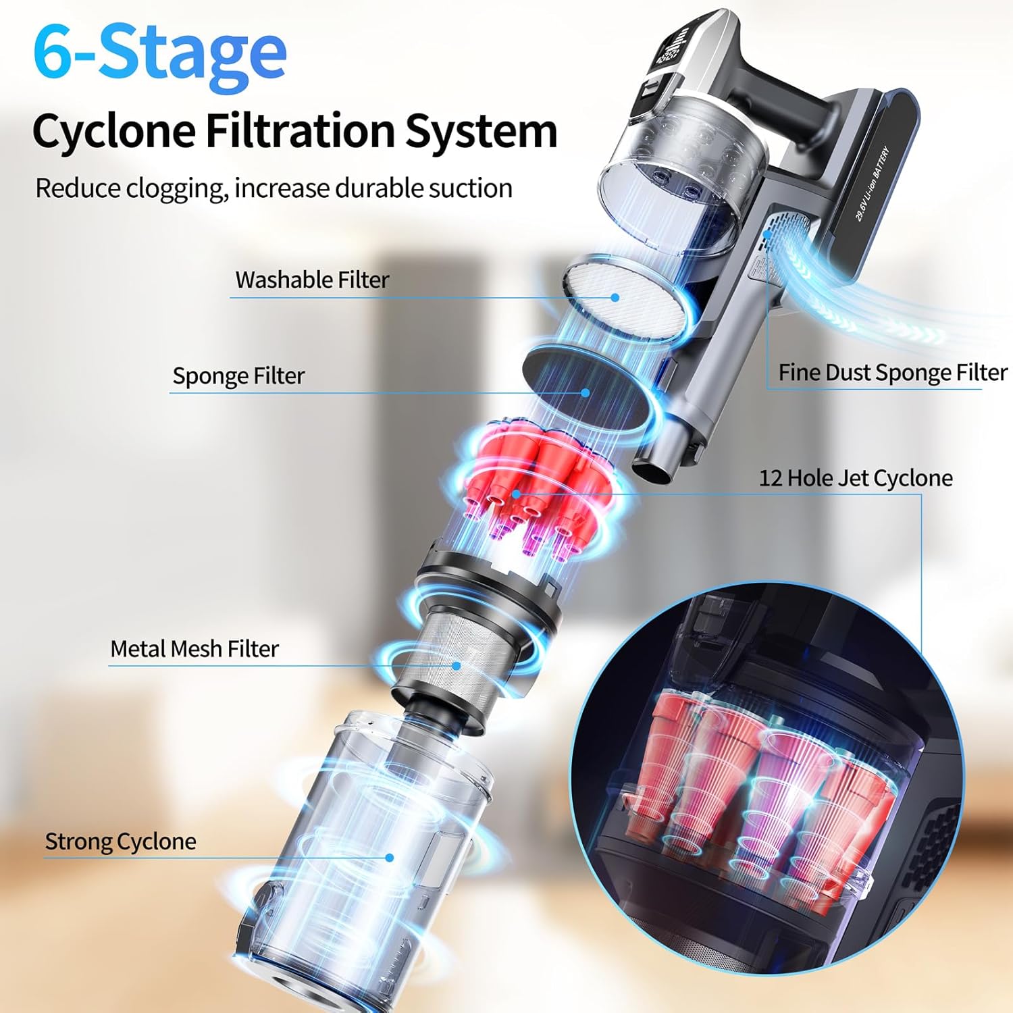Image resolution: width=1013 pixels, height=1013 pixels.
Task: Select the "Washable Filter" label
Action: click(312, 280)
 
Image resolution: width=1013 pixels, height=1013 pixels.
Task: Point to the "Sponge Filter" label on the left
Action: click(238, 375)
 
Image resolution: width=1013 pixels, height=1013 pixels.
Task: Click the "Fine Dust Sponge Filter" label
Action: click(892, 373)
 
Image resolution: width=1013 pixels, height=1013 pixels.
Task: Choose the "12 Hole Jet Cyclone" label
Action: click(856, 478)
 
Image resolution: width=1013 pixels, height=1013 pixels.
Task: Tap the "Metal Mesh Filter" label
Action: click(194, 649)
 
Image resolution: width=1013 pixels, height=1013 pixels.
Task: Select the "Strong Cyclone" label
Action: click(120, 841)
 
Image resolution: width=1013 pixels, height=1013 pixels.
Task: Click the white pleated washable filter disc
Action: click(628, 297)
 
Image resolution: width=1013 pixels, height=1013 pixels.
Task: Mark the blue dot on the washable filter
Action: click(615, 297)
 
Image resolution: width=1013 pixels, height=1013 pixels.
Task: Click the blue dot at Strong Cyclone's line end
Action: click(390, 858)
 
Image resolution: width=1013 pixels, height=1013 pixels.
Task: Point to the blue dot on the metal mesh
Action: click(457, 666)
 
